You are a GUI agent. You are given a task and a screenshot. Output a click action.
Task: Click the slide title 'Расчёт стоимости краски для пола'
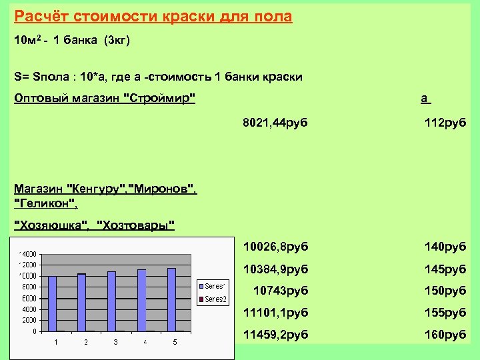click(x=153, y=16)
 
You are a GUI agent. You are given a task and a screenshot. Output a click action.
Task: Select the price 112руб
click(x=445, y=123)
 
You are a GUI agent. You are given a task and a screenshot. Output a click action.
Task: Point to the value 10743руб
click(x=280, y=291)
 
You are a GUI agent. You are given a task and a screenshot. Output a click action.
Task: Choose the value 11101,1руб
click(x=275, y=312)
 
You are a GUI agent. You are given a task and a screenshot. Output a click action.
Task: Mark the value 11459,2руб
click(x=275, y=333)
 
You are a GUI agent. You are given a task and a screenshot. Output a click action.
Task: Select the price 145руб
click(x=445, y=269)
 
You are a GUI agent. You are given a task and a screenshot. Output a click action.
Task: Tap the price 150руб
click(x=445, y=291)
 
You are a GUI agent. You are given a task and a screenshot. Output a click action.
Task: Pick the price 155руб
click(x=445, y=312)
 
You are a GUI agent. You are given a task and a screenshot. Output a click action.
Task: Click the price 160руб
click(x=445, y=333)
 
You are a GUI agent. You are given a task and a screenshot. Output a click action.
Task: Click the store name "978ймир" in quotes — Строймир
click(x=160, y=99)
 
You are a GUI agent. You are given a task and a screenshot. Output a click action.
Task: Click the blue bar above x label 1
click(x=53, y=303)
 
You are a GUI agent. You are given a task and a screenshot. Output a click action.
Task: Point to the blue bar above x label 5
click(x=172, y=299)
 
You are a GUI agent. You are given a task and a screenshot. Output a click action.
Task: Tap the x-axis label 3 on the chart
click(x=115, y=342)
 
